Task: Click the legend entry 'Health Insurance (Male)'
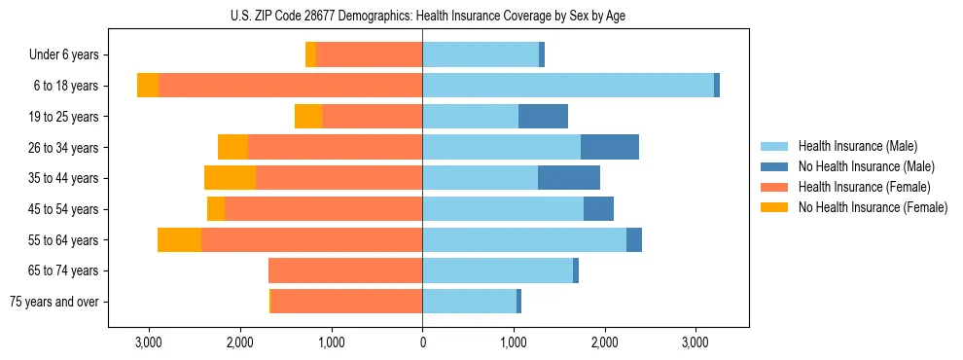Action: point(857,146)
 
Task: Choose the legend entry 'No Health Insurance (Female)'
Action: point(873,207)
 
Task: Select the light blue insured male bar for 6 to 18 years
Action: point(567,86)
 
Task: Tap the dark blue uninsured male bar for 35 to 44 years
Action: point(569,178)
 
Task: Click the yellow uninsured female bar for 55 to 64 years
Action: point(179,239)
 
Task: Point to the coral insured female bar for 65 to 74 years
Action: point(345,270)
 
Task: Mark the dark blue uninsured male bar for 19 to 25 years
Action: point(543,117)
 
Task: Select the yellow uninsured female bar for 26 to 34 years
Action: point(232,147)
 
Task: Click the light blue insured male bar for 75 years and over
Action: point(469,302)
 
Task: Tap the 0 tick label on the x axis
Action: point(422,342)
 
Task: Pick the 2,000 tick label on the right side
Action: point(604,342)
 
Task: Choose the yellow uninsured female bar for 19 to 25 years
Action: point(308,117)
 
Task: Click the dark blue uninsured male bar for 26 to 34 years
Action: point(610,147)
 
